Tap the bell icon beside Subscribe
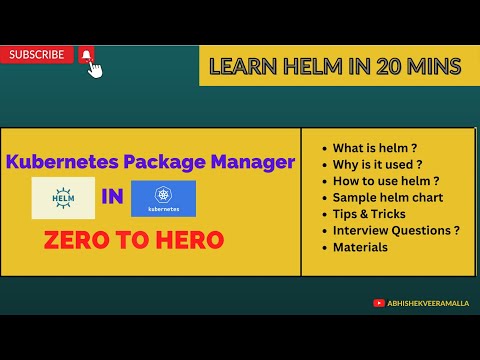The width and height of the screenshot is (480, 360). [x=86, y=55]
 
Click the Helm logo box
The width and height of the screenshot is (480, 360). [x=63, y=197]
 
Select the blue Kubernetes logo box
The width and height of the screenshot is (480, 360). [x=163, y=197]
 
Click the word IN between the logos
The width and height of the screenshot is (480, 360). [x=112, y=197]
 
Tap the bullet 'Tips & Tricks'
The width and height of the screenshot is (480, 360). [x=369, y=214]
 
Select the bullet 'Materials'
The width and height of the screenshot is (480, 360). [x=360, y=247]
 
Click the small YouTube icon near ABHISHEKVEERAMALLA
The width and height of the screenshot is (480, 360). [x=378, y=302]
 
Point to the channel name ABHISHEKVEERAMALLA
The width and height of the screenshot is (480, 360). [x=427, y=302]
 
